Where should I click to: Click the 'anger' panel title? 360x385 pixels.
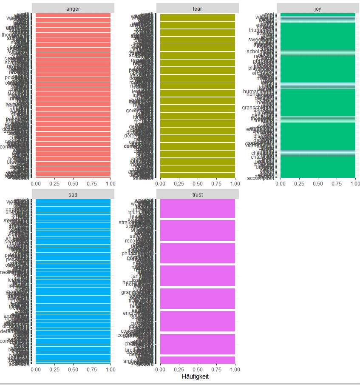[x=73, y=9]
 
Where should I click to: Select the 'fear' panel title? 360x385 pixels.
[x=198, y=9]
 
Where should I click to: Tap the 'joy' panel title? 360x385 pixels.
[x=318, y=9]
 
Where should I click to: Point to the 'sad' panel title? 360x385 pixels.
[x=73, y=195]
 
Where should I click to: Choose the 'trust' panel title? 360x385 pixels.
[x=198, y=195]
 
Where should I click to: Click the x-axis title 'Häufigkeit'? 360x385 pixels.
[x=195, y=377]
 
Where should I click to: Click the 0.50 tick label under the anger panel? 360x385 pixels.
[x=73, y=183]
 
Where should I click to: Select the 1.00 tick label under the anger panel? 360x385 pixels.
[x=111, y=183]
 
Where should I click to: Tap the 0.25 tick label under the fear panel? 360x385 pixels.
[x=179, y=183]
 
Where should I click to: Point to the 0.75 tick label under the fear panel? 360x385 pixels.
[x=216, y=183]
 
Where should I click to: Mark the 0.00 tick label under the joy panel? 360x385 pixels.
[x=281, y=183]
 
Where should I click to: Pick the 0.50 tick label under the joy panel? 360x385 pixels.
[x=318, y=183]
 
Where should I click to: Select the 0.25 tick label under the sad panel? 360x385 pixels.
[x=54, y=370]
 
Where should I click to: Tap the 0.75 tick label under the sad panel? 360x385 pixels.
[x=92, y=370]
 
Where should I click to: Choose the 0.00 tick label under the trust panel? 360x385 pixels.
[x=160, y=370]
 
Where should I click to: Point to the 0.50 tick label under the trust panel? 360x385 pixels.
[x=198, y=370]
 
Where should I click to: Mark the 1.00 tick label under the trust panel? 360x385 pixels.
[x=235, y=370]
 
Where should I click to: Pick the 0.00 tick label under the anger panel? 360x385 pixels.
[x=36, y=183]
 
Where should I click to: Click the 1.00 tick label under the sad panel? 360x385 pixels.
[x=111, y=370]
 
